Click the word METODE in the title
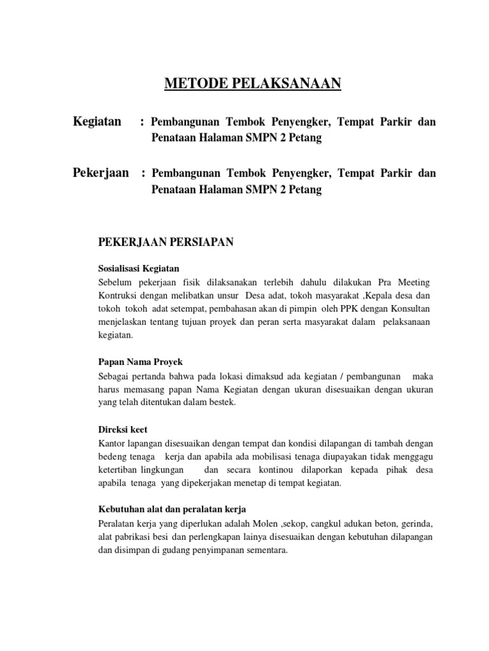coord(188,83)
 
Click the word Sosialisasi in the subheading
coord(121,268)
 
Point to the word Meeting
coord(413,282)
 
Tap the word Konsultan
coord(409,309)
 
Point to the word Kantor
coord(113,443)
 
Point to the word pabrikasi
coord(134,537)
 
